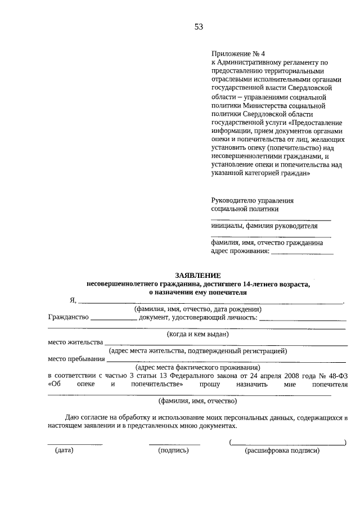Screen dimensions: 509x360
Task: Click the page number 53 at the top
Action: tap(198, 26)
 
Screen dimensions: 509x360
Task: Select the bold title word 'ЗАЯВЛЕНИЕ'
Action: tap(197, 275)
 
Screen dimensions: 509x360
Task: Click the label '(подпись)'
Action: tap(174, 450)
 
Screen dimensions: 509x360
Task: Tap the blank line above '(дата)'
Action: tap(75, 444)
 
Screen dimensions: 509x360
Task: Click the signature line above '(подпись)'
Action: tap(174, 444)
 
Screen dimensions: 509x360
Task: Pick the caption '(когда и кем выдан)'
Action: tap(197, 334)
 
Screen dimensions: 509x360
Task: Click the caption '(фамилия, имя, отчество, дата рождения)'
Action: tap(197, 309)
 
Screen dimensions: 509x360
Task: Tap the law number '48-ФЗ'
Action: tap(337, 375)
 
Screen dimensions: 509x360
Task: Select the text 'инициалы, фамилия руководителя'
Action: tap(264, 226)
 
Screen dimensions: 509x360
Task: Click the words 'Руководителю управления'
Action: tap(253, 200)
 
